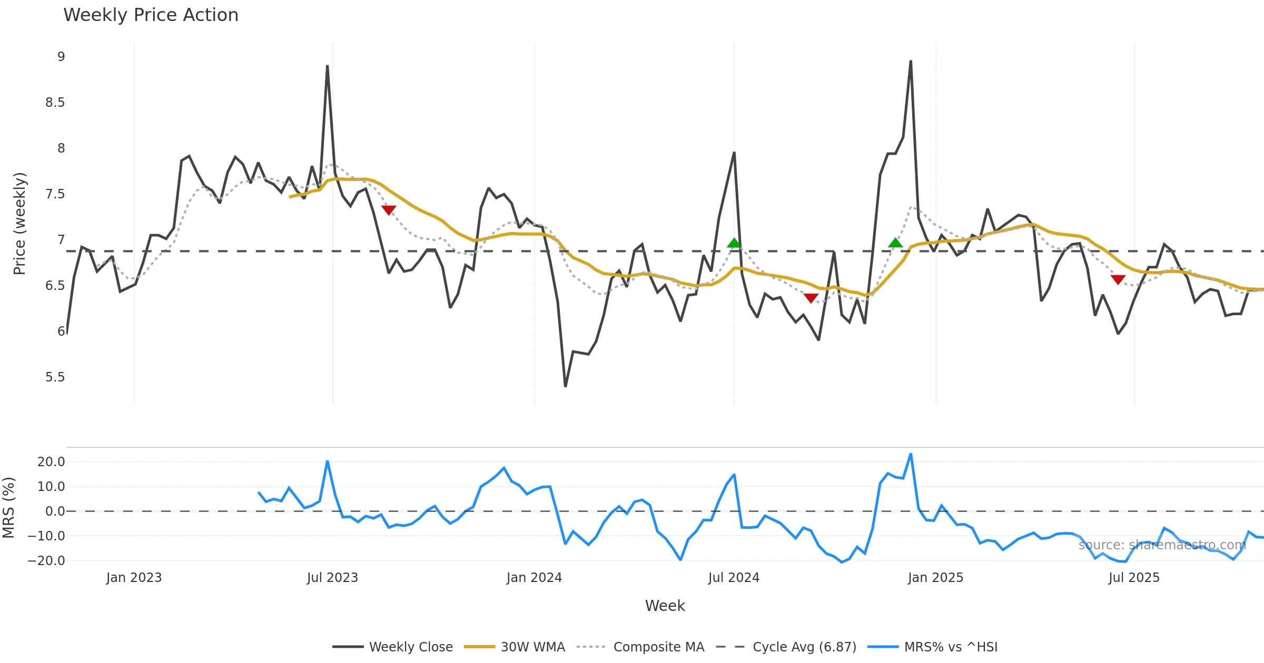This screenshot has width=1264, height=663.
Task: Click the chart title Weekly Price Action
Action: [151, 15]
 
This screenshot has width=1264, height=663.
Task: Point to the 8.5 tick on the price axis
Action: [55, 103]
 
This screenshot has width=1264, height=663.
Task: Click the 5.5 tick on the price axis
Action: [55, 377]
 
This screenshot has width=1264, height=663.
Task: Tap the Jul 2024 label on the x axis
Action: [734, 578]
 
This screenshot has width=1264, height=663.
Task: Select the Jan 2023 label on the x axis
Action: [134, 578]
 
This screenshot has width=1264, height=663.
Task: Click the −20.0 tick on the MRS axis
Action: [46, 561]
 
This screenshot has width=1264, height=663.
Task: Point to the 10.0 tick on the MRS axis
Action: [51, 487]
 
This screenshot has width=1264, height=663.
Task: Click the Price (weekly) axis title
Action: [19, 224]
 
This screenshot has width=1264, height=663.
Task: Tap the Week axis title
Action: [665, 606]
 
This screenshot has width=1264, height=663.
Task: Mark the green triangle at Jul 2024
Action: [734, 243]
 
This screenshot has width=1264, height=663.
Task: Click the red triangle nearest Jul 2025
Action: [1118, 279]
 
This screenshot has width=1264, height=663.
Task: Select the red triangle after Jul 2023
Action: [389, 210]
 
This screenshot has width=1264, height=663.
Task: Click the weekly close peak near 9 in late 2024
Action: [911, 61]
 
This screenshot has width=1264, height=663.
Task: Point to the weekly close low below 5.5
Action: [565, 386]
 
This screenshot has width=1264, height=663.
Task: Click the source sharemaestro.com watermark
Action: [1162, 545]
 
